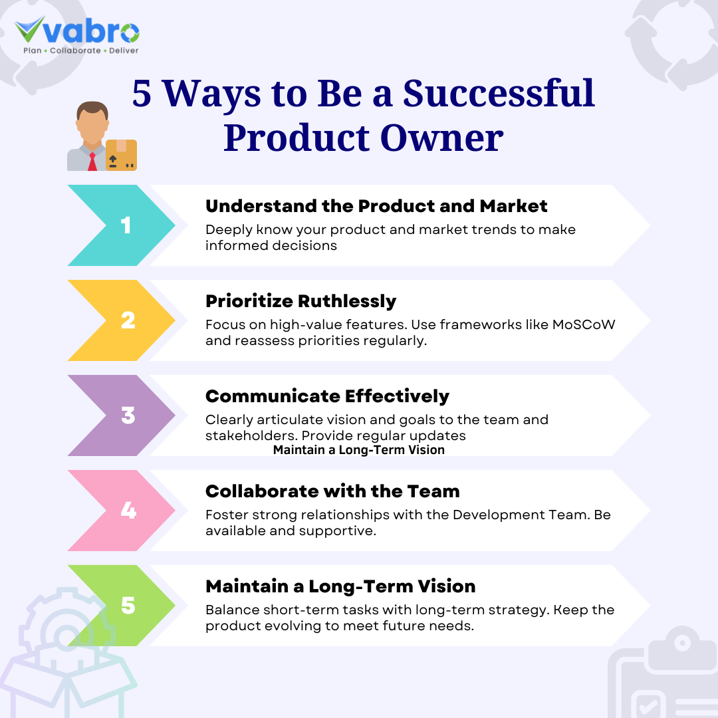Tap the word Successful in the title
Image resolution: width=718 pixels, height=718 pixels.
click(x=499, y=93)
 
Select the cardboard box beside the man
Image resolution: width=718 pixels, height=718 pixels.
click(x=121, y=155)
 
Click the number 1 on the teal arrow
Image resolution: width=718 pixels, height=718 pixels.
click(x=126, y=225)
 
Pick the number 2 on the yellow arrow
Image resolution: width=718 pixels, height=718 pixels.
click(x=128, y=320)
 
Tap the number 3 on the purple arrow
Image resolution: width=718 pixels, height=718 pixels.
click(x=128, y=416)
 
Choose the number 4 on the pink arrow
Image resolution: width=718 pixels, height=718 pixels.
click(x=128, y=511)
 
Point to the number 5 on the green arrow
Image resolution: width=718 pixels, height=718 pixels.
click(x=128, y=606)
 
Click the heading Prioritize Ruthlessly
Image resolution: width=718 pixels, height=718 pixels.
click(x=300, y=301)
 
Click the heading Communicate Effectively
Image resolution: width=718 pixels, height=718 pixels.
click(x=327, y=396)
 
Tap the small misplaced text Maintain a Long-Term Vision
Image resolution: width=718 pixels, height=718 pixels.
click(x=358, y=450)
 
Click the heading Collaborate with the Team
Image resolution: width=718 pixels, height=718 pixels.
click(x=332, y=491)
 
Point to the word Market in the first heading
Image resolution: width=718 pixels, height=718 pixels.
click(x=514, y=206)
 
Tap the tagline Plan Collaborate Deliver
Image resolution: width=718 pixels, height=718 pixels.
click(x=80, y=51)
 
